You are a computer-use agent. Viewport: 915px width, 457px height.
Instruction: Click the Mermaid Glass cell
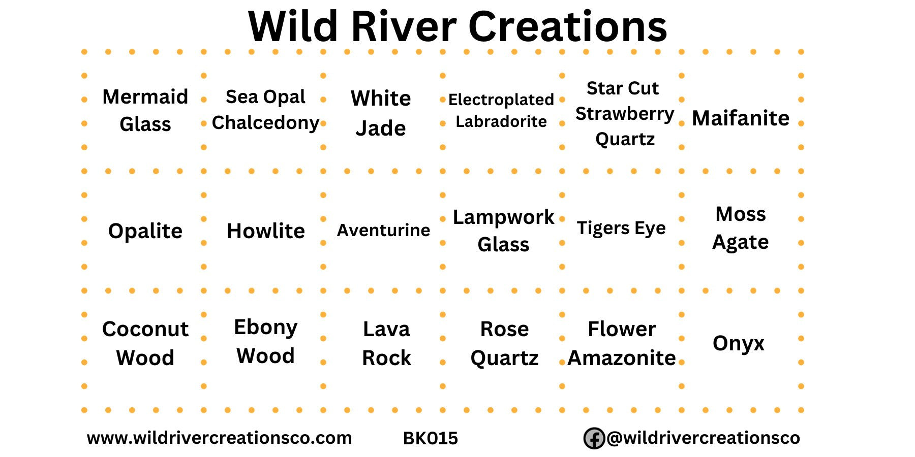click(145, 110)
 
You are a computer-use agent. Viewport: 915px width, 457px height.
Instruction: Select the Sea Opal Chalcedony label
click(265, 110)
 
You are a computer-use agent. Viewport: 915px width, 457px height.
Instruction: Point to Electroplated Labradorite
click(501, 110)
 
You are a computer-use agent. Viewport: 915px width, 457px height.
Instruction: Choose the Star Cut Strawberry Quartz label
click(625, 113)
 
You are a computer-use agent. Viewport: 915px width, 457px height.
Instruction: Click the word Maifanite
click(741, 118)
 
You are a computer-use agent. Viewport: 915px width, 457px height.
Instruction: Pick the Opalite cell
click(145, 231)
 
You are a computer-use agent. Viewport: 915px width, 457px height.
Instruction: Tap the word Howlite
click(265, 231)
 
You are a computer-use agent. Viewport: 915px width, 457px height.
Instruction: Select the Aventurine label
click(383, 230)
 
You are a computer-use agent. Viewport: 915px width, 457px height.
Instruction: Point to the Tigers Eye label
click(621, 228)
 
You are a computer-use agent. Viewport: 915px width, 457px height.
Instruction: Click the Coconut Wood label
click(145, 343)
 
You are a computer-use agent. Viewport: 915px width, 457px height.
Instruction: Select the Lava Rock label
click(386, 343)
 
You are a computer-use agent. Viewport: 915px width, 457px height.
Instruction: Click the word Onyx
click(739, 344)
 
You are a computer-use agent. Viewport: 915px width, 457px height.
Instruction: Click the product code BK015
click(430, 438)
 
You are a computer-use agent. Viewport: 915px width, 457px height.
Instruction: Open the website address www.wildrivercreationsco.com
click(219, 438)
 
